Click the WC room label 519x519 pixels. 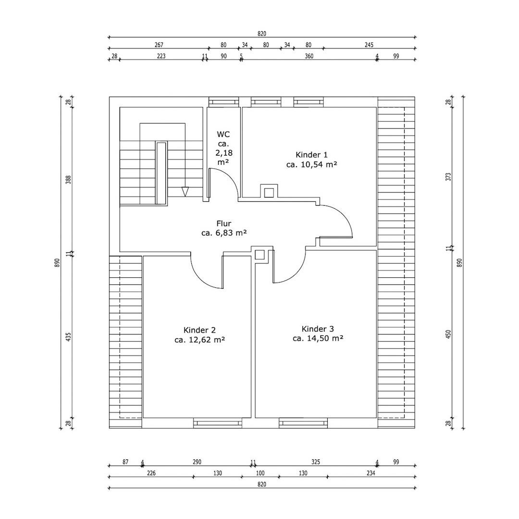pyautogui.click(x=223, y=135)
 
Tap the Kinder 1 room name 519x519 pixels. pyautogui.click(x=311, y=155)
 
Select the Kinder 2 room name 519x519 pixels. pyautogui.click(x=199, y=330)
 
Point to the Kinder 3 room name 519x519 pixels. pyautogui.click(x=318, y=329)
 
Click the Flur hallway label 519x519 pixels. pyautogui.click(x=224, y=223)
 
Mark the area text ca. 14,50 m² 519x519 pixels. pyautogui.click(x=318, y=338)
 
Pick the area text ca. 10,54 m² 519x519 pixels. pyautogui.click(x=311, y=164)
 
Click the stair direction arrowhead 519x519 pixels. pyautogui.click(x=185, y=192)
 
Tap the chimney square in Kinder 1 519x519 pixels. pyautogui.click(x=269, y=192)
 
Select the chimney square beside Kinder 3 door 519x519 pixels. pyautogui.click(x=260, y=255)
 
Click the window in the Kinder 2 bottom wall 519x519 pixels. pyautogui.click(x=218, y=423)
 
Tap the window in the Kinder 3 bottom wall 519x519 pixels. pyautogui.click(x=303, y=423)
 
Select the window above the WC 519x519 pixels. pyautogui.click(x=223, y=102)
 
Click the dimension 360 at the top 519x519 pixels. pyautogui.click(x=309, y=56)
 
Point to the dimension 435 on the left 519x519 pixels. pyautogui.click(x=69, y=337)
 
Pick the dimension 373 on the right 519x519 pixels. pyautogui.click(x=448, y=177)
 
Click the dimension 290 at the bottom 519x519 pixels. pyautogui.click(x=197, y=462)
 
